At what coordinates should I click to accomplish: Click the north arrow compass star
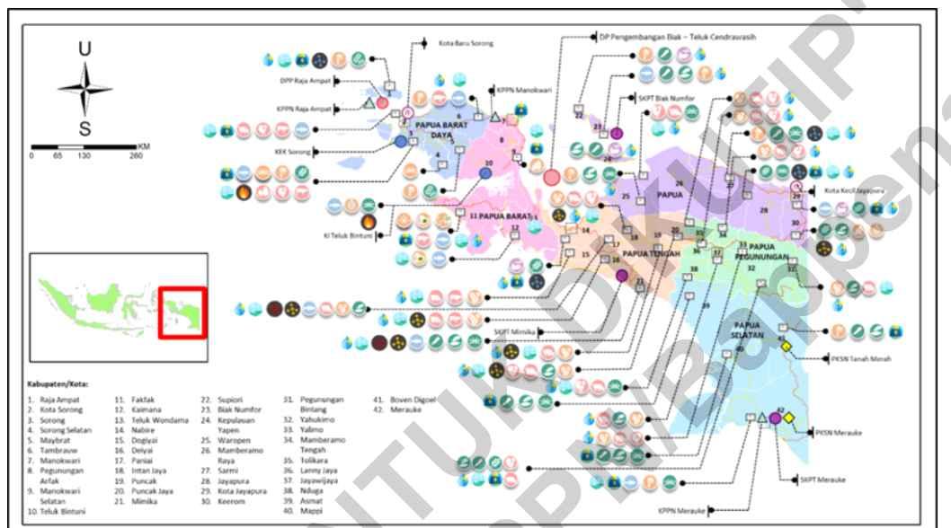(x=84, y=89)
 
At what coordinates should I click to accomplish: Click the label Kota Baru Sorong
(x=466, y=43)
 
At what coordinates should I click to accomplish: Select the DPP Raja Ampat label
(x=307, y=80)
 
